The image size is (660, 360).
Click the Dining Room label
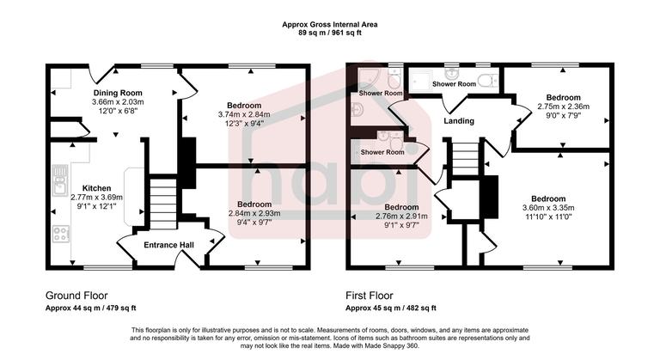click(118, 93)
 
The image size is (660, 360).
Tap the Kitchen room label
click(96, 187)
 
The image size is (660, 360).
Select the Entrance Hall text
click(168, 246)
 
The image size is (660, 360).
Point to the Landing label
click(458, 121)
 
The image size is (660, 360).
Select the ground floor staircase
click(161, 200)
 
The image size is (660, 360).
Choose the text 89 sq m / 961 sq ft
click(330, 34)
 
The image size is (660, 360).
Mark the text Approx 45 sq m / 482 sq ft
click(390, 308)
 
